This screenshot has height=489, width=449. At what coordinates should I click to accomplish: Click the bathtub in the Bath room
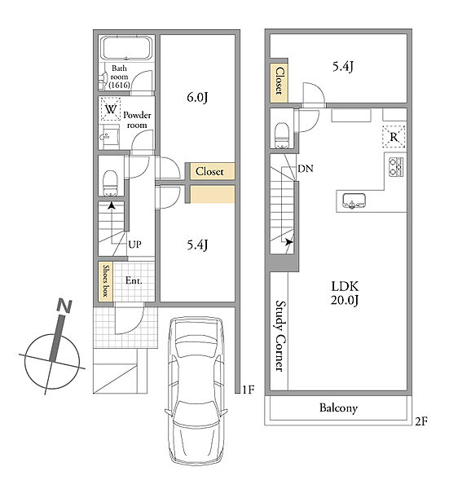[x=126, y=48]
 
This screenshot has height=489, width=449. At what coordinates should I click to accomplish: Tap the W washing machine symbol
[x=110, y=109]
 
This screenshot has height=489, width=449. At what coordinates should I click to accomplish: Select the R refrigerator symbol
[x=394, y=137]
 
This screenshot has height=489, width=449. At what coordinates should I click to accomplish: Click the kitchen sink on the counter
[x=354, y=200]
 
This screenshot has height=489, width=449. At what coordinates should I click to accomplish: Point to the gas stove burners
[x=396, y=167]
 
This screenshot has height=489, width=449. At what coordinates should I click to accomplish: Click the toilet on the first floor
[x=110, y=183]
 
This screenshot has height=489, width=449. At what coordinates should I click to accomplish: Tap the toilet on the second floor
[x=283, y=135]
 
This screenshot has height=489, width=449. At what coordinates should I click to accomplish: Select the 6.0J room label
[x=197, y=98]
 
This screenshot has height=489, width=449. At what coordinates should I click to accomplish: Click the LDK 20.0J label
[x=345, y=293]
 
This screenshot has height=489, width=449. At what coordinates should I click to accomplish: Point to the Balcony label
[x=338, y=408]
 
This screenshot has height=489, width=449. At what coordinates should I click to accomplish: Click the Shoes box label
[x=106, y=281]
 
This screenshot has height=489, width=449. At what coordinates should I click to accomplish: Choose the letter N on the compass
[x=64, y=306]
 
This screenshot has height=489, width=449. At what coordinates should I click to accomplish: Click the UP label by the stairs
[x=134, y=244]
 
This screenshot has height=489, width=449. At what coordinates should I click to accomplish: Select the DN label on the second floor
[x=306, y=169]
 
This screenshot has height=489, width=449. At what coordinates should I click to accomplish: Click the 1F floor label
[x=249, y=390]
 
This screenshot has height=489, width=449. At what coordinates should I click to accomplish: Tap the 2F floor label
[x=421, y=421]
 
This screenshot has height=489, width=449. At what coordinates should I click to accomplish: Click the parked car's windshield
[x=196, y=349]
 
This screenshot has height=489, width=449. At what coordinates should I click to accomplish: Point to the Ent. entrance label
[x=134, y=280]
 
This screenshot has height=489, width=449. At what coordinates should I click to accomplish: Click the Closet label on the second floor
[x=279, y=81]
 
